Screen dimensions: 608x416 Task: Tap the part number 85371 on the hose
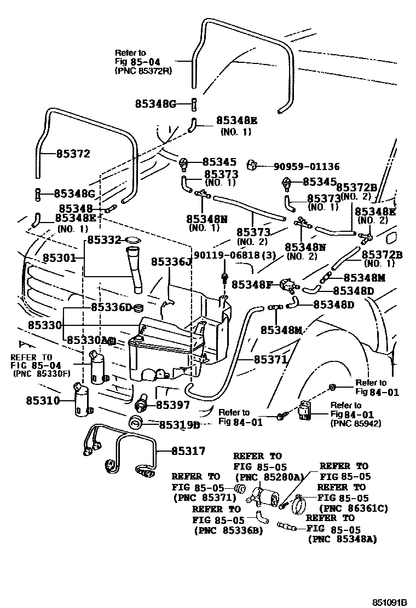(x=270, y=359)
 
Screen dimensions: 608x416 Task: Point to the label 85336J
(x=172, y=262)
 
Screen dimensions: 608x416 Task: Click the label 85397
(x=173, y=405)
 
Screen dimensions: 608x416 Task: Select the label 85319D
(x=180, y=424)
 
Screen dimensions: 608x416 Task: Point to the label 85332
(x=105, y=239)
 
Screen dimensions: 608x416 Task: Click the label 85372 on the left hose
(x=73, y=154)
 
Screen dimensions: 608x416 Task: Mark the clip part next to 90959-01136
(x=252, y=165)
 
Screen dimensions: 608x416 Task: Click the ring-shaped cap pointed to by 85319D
(x=135, y=423)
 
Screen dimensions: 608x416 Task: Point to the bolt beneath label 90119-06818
(x=223, y=276)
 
